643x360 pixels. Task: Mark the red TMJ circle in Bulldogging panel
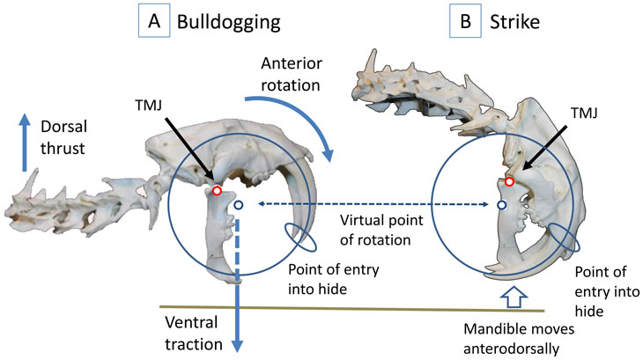point(217,190)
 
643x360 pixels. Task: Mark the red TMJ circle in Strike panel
point(509,182)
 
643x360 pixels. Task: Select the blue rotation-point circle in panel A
point(238,205)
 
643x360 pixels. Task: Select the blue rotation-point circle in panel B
point(501,205)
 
